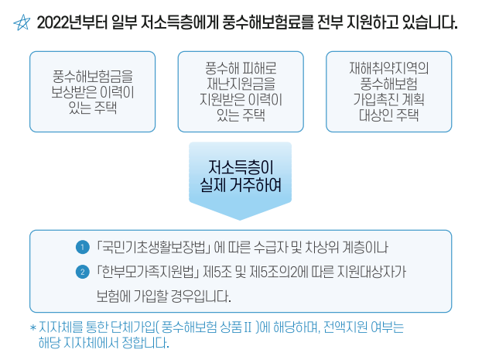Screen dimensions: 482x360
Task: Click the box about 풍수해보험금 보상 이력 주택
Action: click(92, 91)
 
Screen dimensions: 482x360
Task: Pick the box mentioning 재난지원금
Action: click(241, 91)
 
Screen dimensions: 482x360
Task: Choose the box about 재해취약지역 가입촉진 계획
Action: click(389, 91)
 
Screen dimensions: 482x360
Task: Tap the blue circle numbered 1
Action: click(82, 248)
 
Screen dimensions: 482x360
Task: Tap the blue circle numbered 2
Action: click(82, 272)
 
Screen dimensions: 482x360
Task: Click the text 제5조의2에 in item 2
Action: click(292, 272)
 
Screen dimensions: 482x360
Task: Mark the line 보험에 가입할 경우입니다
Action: click(163, 296)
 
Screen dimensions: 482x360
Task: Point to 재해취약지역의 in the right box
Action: click(389, 67)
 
